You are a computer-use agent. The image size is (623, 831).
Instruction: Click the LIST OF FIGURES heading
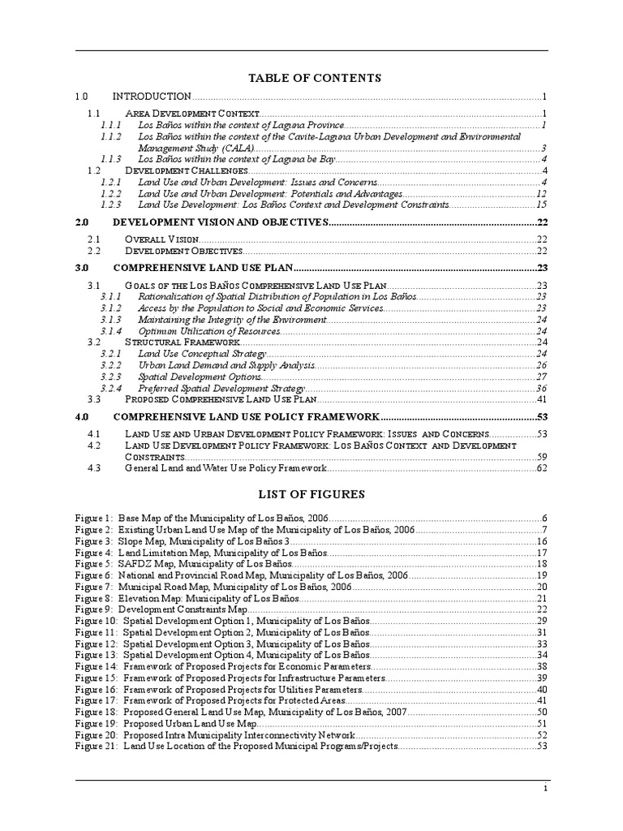(311, 493)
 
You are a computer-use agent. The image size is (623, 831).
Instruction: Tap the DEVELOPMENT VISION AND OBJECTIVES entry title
(219, 222)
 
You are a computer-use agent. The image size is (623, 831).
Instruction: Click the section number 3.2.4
(111, 389)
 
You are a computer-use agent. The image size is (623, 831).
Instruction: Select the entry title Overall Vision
(161, 239)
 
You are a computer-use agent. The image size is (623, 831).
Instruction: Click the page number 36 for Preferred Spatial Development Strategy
(542, 389)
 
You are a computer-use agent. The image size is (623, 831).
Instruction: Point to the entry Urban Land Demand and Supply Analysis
(226, 366)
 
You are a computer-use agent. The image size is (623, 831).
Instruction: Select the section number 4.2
(93, 446)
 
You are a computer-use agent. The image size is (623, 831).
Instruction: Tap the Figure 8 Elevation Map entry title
(208, 597)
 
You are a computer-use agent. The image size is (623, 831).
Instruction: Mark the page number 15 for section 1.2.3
(542, 205)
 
